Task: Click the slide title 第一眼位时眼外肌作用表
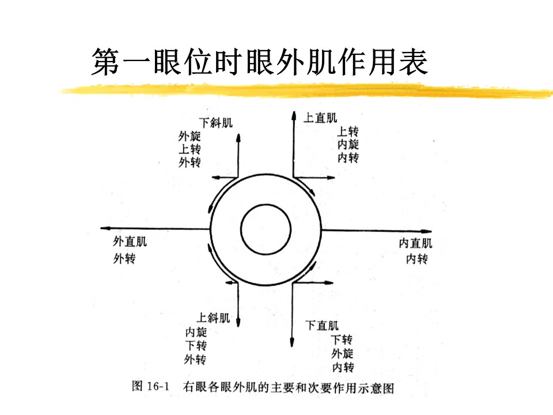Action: coord(260,62)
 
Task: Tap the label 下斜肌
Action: coord(216,123)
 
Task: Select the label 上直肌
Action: coord(320,118)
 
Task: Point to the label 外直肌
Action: coord(130,242)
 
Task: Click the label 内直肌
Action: coord(415,243)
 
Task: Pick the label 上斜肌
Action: coord(213,318)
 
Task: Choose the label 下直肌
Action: coord(322,325)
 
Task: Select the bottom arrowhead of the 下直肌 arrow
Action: coord(292,342)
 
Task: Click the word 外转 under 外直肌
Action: coord(124,259)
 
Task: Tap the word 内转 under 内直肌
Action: coord(417,259)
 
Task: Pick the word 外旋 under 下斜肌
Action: coord(190,136)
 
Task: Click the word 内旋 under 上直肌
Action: coord(348,144)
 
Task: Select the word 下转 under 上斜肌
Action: coord(196,345)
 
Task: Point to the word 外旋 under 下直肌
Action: coord(342,353)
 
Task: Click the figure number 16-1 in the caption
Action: coord(158,386)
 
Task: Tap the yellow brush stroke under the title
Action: coord(305,90)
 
